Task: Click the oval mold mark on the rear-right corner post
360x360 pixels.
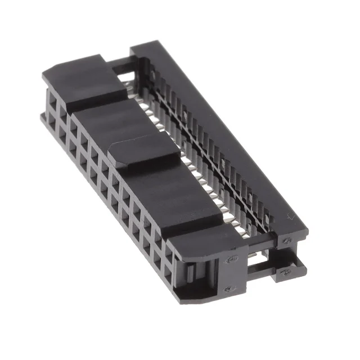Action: tap(287, 241)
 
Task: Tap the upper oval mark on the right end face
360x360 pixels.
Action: tap(231, 259)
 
